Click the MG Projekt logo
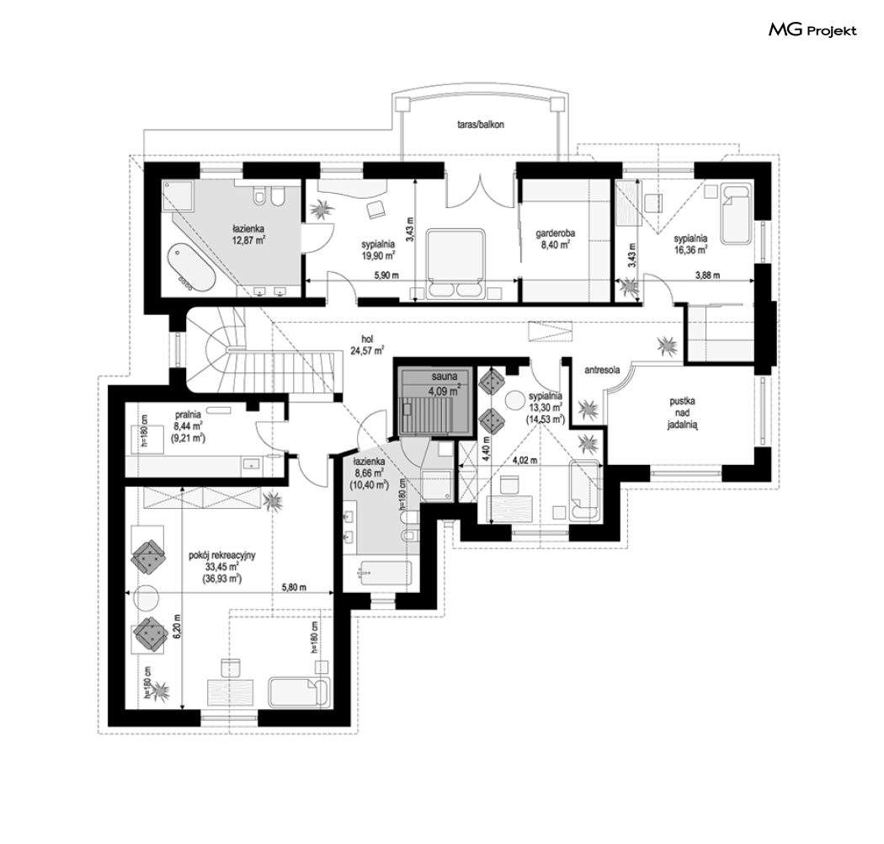812,29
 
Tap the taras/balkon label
481,125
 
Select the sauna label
445,377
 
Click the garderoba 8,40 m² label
556,239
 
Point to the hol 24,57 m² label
367,345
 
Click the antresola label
602,370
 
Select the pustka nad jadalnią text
682,414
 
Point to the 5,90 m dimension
386,276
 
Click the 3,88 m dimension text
707,276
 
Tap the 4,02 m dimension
525,461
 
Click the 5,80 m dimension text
294,587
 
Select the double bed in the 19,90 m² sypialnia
455,263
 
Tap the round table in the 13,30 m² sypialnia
514,401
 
